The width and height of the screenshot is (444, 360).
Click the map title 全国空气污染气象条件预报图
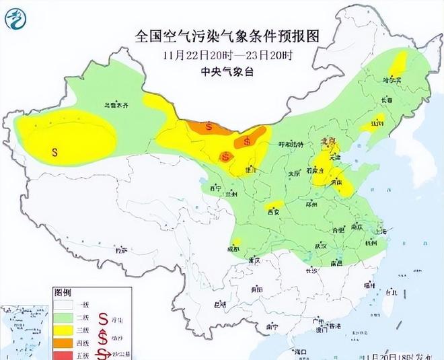[x=222, y=34]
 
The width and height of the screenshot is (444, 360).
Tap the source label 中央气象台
[x=223, y=70]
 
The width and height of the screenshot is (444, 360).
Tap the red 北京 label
[x=328, y=141]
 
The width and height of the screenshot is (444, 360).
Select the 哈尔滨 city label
[x=392, y=80]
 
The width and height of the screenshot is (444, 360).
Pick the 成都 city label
[x=233, y=248]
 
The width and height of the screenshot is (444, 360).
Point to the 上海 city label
[x=381, y=231]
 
